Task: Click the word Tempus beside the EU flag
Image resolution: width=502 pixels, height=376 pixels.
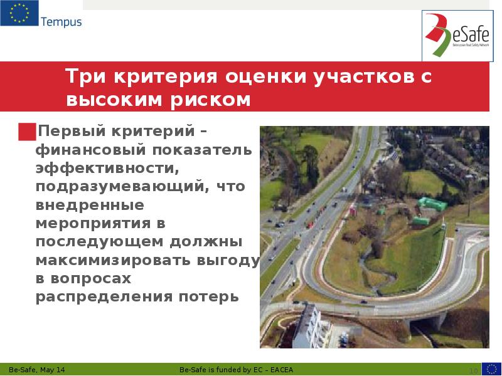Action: (61, 23)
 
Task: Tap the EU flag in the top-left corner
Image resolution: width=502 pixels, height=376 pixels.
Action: (19, 13)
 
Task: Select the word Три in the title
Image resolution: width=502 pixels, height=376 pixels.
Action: (87, 78)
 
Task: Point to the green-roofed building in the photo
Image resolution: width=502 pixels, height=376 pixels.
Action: (432, 204)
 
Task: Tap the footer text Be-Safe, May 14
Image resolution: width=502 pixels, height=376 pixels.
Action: (37, 369)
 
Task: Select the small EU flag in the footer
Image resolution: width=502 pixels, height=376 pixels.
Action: (491, 368)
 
